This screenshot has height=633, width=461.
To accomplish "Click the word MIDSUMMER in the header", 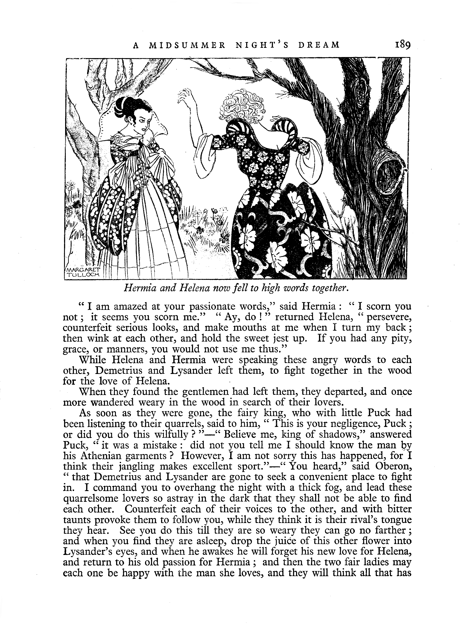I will tap(187, 45).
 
